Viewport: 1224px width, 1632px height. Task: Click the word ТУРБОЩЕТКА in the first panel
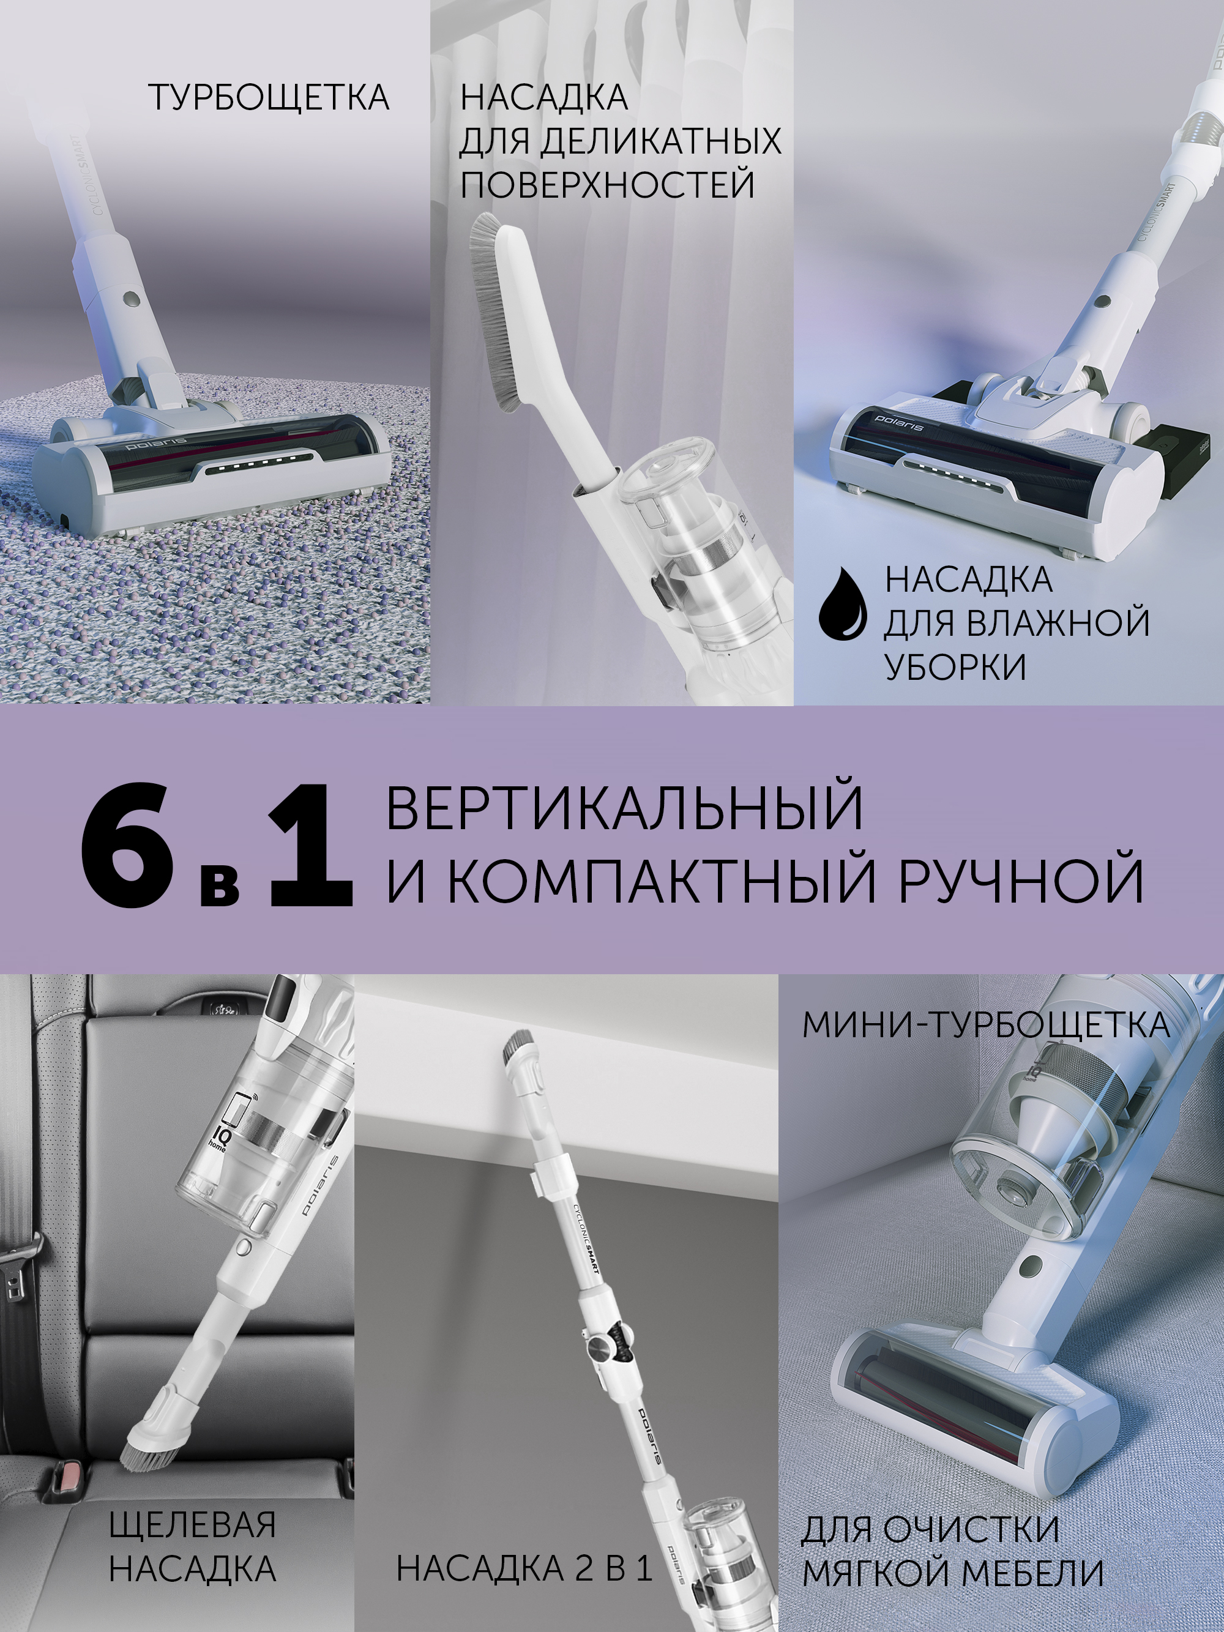point(269,98)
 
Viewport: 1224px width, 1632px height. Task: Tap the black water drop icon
point(843,602)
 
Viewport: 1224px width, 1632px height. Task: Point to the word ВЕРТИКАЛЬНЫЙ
point(624,808)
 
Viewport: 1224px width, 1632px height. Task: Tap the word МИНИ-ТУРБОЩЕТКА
point(986,1025)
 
